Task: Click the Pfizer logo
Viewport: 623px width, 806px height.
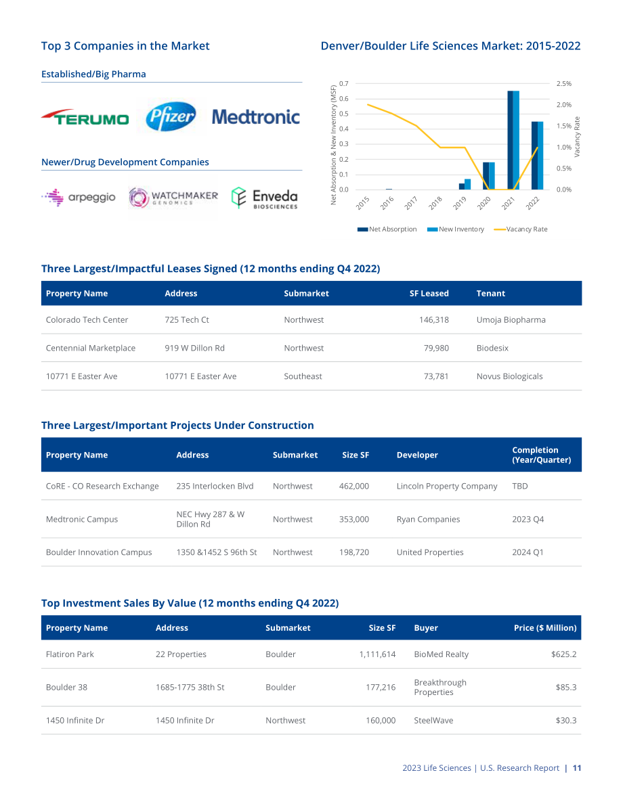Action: [x=171, y=116]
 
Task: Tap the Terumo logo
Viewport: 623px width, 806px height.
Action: [x=85, y=117]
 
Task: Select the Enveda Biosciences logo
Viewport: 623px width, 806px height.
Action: [x=264, y=198]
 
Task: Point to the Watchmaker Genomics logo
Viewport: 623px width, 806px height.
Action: [x=173, y=198]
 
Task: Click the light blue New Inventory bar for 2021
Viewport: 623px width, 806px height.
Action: [x=516, y=140]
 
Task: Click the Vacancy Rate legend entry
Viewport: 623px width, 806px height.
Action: [x=521, y=229]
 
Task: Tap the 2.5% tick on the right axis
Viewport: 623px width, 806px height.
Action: [x=564, y=84]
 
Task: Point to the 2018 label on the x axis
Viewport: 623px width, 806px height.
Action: [x=435, y=203]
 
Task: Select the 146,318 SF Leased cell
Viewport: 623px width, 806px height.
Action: [x=433, y=319]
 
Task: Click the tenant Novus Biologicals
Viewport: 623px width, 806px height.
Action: [x=509, y=376]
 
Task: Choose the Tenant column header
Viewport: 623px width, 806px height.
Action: [x=490, y=294]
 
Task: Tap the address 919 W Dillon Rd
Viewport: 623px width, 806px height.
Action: [x=194, y=348]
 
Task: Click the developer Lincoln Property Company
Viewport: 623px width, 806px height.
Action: [x=446, y=487]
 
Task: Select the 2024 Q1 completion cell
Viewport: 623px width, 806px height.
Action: [x=528, y=552]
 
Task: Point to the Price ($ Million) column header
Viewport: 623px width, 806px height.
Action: [x=545, y=627]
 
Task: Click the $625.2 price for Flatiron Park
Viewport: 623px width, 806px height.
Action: [x=563, y=654]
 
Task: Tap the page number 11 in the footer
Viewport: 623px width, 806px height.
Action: [x=577, y=768]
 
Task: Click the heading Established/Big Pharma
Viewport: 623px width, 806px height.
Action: [x=93, y=74]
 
